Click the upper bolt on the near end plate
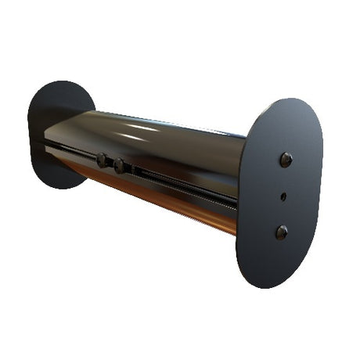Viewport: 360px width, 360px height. click(x=286, y=159)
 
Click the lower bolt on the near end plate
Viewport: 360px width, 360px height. click(x=282, y=232)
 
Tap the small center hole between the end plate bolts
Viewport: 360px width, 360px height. click(x=283, y=196)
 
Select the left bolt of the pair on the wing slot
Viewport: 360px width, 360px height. click(x=103, y=160)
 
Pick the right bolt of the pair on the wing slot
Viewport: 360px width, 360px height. click(x=120, y=166)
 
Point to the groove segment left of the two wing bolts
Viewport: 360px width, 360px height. click(x=70, y=150)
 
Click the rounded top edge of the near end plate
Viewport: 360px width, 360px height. click(x=290, y=102)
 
